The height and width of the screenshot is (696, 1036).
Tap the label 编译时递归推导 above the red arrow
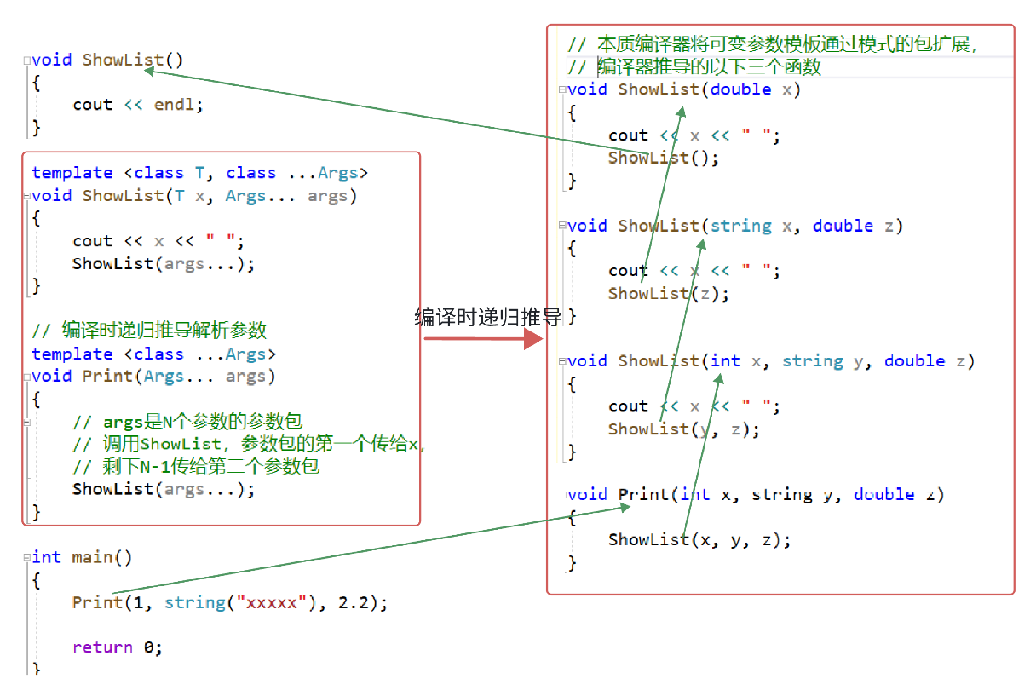point(488,318)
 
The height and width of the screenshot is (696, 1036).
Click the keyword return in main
point(102,647)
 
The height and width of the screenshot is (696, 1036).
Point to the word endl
point(175,105)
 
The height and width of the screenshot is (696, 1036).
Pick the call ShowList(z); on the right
point(669,294)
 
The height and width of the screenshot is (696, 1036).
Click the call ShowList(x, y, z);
point(699,540)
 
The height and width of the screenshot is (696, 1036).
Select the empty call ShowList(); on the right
point(664,158)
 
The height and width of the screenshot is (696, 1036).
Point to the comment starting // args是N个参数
point(187,422)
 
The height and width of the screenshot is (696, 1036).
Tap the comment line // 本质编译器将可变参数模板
point(771,44)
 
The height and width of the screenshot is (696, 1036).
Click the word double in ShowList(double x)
point(740,89)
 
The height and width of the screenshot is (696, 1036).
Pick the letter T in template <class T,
point(200,173)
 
